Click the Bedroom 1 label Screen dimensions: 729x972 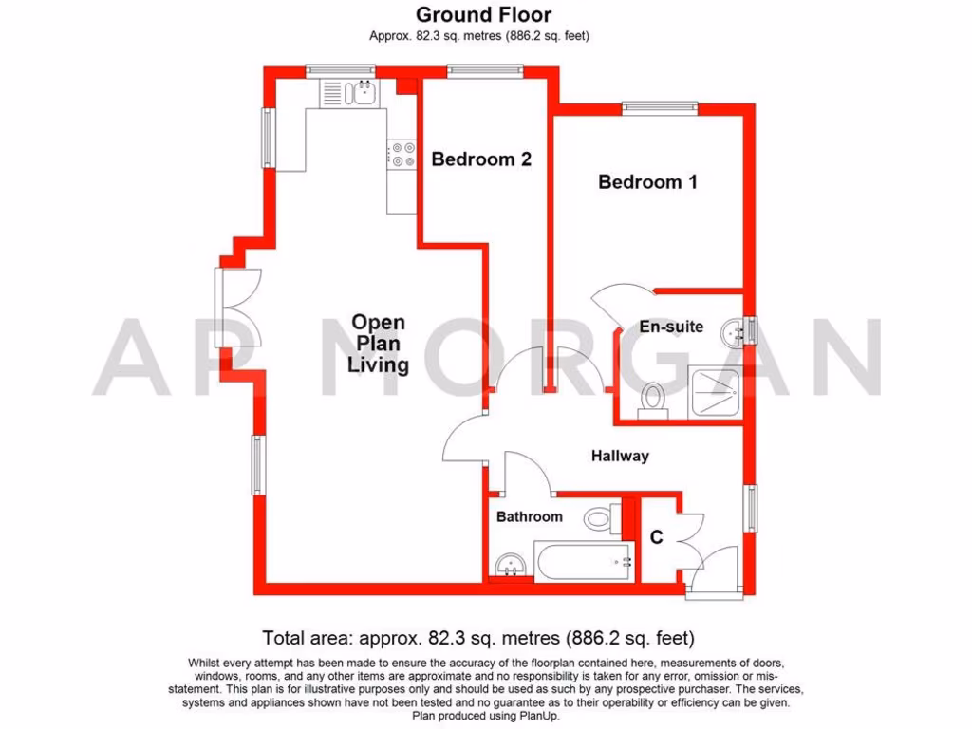tap(647, 181)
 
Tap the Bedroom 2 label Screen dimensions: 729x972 tap(481, 159)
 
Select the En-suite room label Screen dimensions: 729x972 tap(671, 327)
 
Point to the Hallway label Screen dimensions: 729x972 tap(620, 456)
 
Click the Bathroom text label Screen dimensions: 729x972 tap(530, 516)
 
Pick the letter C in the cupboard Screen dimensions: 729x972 tap(656, 538)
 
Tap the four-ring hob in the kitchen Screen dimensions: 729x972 tap(402, 155)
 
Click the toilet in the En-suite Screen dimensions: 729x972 tap(652, 401)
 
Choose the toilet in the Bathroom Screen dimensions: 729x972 tap(600, 518)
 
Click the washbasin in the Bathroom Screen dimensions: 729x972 tap(511, 565)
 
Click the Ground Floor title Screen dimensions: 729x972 tap(484, 14)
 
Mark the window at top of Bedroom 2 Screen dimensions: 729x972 tap(484, 68)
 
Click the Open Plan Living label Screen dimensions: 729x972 tap(378, 343)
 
